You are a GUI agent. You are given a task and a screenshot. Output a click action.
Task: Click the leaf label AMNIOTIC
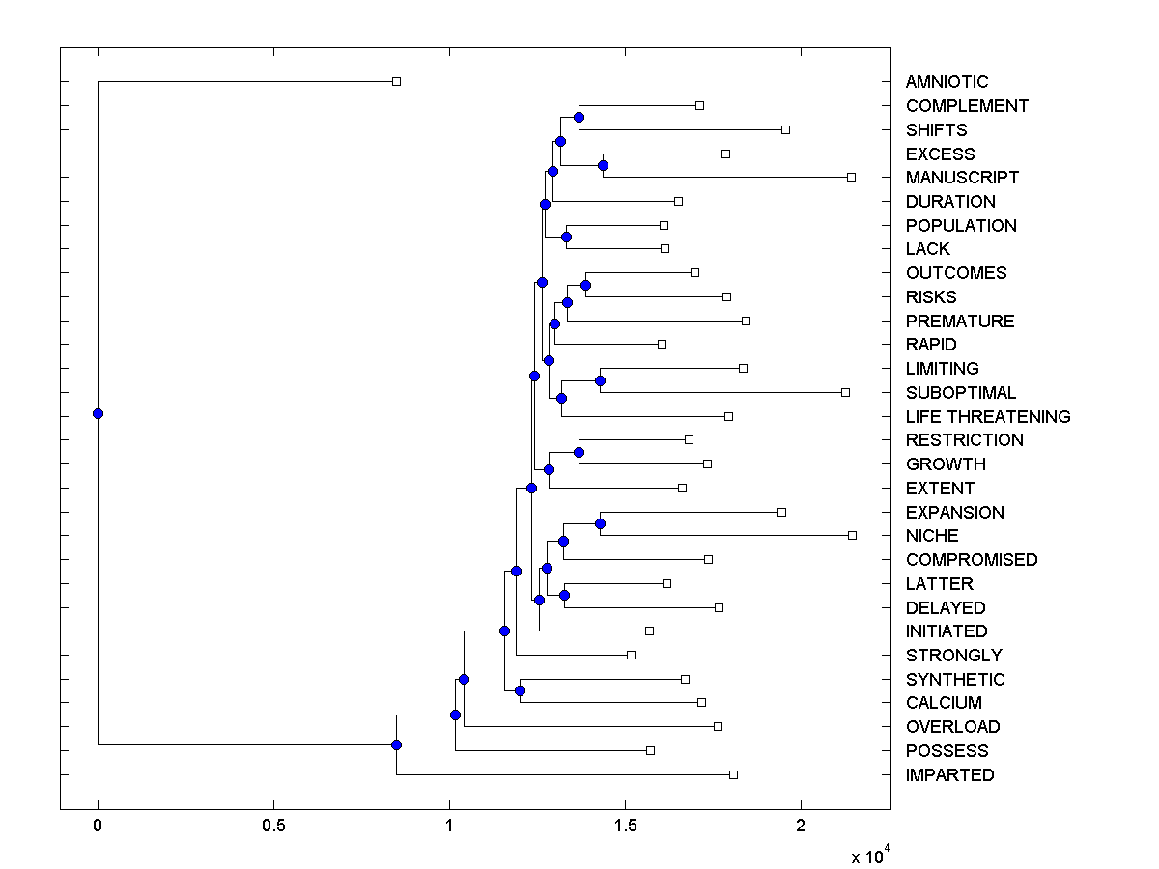click(x=947, y=82)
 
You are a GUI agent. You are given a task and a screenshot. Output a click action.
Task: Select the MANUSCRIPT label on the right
click(x=962, y=178)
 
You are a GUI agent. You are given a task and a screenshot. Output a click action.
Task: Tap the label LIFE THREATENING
click(x=988, y=417)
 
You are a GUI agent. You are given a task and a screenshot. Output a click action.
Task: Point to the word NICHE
click(x=932, y=536)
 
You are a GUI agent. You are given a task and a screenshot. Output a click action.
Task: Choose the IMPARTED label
click(x=949, y=775)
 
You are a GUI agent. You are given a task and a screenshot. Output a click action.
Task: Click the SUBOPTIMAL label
click(x=961, y=393)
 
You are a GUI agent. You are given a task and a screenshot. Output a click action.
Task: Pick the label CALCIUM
click(x=944, y=703)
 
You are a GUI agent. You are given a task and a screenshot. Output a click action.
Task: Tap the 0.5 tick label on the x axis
click(x=273, y=827)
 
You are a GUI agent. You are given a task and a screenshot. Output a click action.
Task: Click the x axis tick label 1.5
click(x=625, y=827)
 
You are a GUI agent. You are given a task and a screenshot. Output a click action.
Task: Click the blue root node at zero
click(x=98, y=413)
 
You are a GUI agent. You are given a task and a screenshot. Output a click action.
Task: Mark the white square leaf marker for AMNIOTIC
click(x=396, y=82)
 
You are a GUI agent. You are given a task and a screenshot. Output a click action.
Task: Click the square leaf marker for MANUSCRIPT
click(x=851, y=178)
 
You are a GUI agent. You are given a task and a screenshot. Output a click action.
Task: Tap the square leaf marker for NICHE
click(x=852, y=535)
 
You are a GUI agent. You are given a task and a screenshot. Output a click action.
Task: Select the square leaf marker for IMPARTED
click(x=733, y=774)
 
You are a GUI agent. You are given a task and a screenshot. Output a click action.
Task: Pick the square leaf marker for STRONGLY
click(x=631, y=655)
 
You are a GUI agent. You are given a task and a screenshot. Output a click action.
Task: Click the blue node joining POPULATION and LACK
click(x=566, y=237)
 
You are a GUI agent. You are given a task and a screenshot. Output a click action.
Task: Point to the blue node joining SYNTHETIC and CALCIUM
click(x=520, y=690)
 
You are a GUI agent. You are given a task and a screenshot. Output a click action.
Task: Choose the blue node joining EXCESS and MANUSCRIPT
click(x=603, y=165)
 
